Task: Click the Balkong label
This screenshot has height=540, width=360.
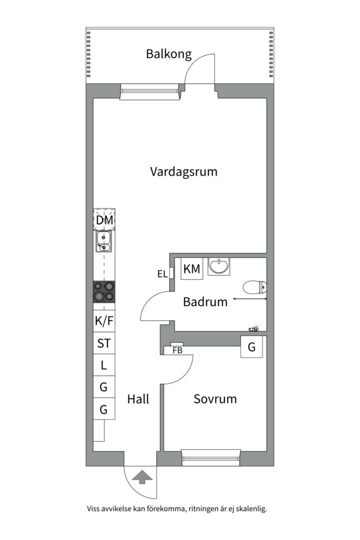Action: click(x=168, y=54)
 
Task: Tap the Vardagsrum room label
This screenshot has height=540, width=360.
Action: click(x=183, y=172)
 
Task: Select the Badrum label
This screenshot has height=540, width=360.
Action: click(x=205, y=302)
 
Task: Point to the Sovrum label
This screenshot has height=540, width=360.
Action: click(x=215, y=399)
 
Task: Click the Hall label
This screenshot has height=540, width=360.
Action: click(x=138, y=399)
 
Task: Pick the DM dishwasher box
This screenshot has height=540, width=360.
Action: click(x=104, y=220)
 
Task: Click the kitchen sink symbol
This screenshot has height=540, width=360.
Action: click(x=104, y=241)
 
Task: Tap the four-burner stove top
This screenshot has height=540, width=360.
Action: click(x=104, y=292)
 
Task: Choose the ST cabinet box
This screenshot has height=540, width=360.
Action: click(x=104, y=343)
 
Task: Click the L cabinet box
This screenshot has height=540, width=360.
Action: click(x=104, y=365)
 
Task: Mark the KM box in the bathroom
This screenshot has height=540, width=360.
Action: click(x=191, y=269)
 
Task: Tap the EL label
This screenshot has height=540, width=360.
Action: click(x=162, y=273)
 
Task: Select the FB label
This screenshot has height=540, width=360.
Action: click(x=176, y=350)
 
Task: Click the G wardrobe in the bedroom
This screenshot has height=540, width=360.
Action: click(x=251, y=346)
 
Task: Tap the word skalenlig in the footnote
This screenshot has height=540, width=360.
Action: click(x=250, y=509)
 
